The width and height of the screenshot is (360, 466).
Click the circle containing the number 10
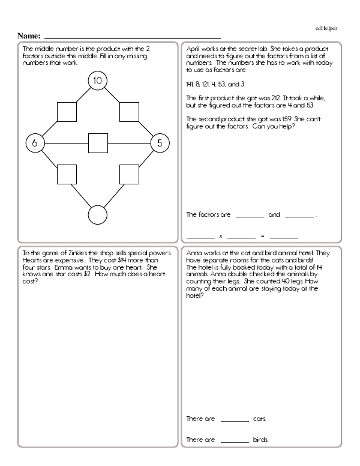[97, 80]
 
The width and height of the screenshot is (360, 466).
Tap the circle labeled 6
[35, 143]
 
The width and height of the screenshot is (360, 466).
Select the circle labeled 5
[159, 143]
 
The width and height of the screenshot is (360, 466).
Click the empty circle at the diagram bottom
[97, 215]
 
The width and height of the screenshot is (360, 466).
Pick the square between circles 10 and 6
[67, 112]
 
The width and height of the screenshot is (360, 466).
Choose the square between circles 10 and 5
[129, 112]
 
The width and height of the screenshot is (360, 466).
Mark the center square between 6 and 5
[97, 143]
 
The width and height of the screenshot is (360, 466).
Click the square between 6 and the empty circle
[67, 174]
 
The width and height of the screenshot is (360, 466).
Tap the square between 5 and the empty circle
[129, 174]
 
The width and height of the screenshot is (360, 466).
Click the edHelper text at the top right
[327, 29]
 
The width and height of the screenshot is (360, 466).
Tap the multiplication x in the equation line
[221, 235]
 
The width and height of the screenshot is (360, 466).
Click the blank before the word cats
[235, 420]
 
